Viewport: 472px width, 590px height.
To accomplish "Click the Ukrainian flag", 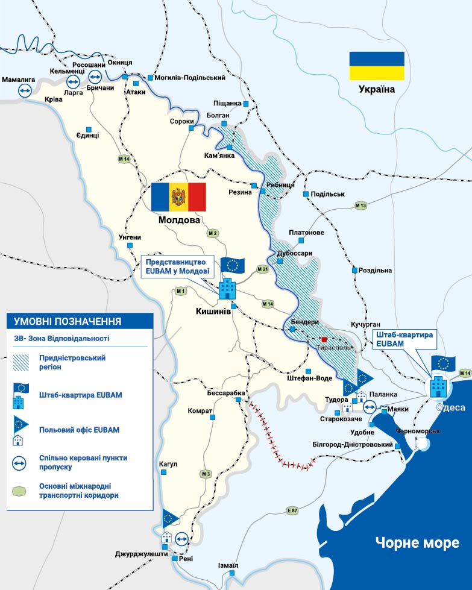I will (377, 66).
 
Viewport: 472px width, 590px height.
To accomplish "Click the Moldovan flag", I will (178, 197).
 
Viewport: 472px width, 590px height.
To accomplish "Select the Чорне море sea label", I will (417, 542).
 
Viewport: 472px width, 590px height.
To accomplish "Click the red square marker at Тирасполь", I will (324, 339).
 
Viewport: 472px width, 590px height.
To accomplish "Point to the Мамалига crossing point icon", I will (25, 90).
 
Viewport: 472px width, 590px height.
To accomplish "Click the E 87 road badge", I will (293, 511).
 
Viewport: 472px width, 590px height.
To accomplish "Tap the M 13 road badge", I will (361, 206).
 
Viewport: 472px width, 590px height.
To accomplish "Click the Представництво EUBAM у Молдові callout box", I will (176, 266).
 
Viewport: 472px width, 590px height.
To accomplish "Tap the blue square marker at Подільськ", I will (306, 194).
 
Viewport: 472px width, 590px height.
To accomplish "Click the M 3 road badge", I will (207, 474).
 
